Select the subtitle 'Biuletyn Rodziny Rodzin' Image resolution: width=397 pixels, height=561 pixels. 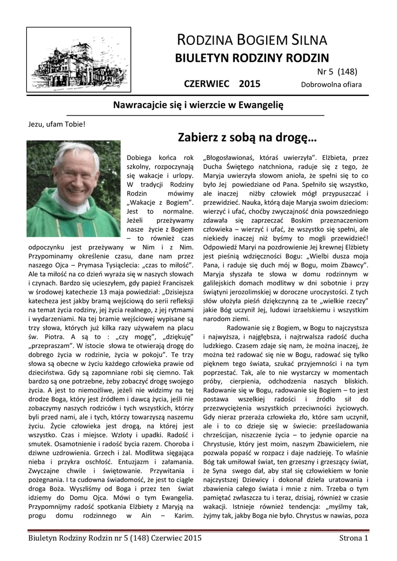click(x=251, y=59)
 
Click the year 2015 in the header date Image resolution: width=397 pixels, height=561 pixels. click(x=250, y=84)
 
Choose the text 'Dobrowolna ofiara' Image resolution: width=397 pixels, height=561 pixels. click(x=331, y=85)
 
